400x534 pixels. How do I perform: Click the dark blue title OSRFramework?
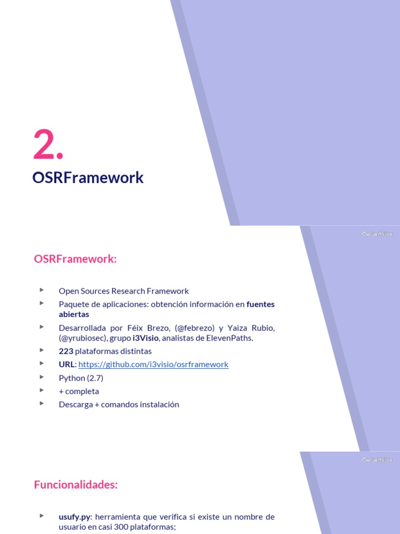pyautogui.click(x=87, y=178)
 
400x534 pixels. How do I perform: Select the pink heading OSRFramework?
pyautogui.click(x=75, y=259)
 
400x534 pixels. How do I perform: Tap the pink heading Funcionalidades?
pyautogui.click(x=76, y=485)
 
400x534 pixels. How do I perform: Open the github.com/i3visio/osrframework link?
pyautogui.click(x=153, y=365)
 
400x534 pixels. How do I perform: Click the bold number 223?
pyautogui.click(x=66, y=351)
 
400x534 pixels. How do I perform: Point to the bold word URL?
pyautogui.click(x=67, y=365)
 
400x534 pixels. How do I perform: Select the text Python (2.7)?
pyautogui.click(x=81, y=378)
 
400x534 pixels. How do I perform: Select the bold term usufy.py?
pyautogui.click(x=75, y=517)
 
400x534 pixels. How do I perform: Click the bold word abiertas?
pyautogui.click(x=73, y=314)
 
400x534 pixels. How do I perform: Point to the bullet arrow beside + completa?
pyautogui.click(x=42, y=391)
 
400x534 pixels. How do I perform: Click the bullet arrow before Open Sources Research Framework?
pyautogui.click(x=42, y=290)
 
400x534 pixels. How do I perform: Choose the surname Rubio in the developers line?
pyautogui.click(x=262, y=328)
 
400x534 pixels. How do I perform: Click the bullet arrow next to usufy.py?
pyautogui.click(x=42, y=516)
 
